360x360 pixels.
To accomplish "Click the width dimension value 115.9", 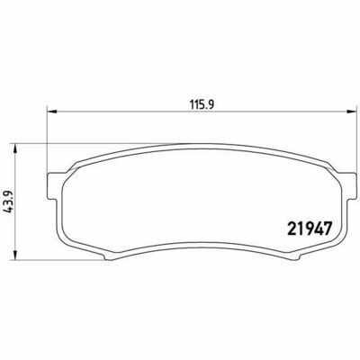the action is [x=202, y=104].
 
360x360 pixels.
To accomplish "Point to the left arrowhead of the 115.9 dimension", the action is [x=52, y=112].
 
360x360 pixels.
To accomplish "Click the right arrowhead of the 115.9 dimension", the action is [x=350, y=112].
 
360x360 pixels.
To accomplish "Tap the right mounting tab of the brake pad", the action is [x=348, y=186].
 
